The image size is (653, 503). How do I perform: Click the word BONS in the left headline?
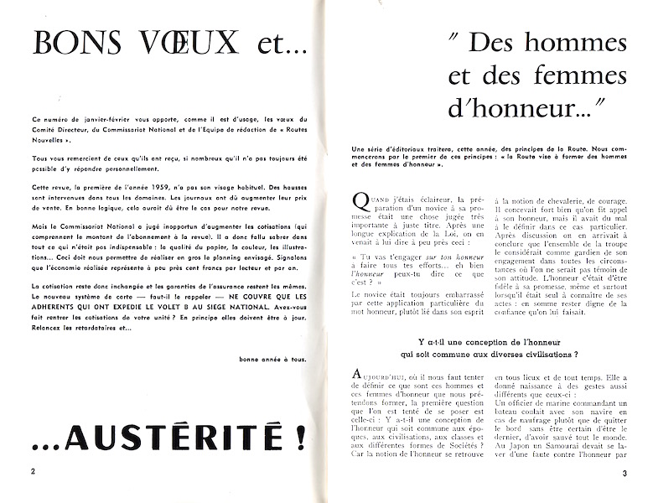tap(78, 41)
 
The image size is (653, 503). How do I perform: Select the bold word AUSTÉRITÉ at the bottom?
tap(184, 437)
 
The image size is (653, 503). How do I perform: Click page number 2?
tap(33, 471)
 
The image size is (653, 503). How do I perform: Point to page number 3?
tap(624, 475)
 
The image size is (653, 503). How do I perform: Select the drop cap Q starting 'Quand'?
tap(360, 202)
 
